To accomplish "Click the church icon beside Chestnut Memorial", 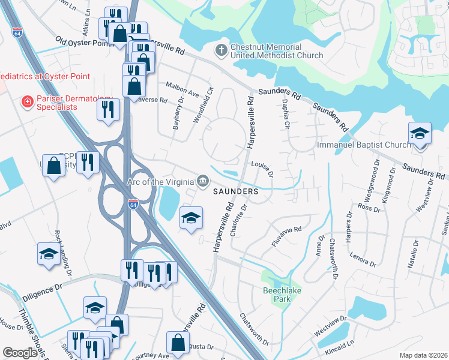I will point(221,50).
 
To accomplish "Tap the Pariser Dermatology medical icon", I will point(26,102).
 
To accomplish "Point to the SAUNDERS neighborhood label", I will point(236,191).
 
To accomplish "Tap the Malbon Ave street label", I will point(182,94).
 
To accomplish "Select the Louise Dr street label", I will point(262,168).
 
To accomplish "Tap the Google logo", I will point(20,353).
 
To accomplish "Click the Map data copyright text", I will point(423,355).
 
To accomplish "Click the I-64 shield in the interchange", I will point(133,205).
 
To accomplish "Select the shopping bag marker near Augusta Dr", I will point(178,343).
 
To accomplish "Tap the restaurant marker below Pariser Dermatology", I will point(109,109).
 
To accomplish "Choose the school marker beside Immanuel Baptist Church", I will point(420,133).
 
